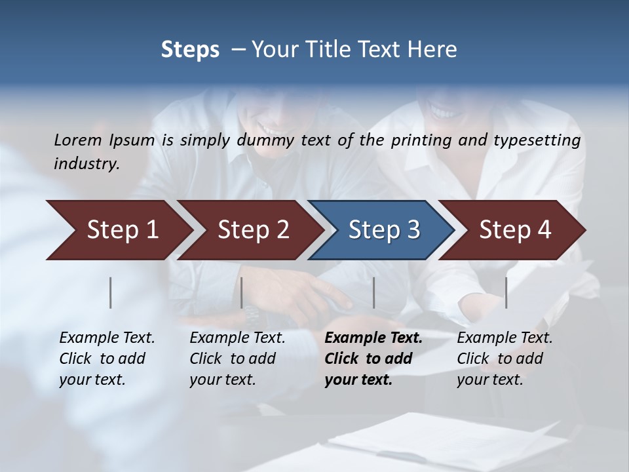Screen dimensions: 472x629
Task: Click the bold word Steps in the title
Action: (x=190, y=50)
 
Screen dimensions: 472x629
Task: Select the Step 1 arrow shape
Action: (x=118, y=229)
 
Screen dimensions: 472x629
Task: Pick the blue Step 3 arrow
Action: (x=380, y=229)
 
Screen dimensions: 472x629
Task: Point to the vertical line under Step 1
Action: (x=111, y=292)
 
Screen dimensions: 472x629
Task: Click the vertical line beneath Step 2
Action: (x=242, y=292)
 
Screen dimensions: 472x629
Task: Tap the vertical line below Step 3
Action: (x=373, y=292)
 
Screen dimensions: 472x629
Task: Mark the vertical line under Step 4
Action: (x=506, y=292)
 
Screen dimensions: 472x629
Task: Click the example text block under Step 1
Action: (x=107, y=359)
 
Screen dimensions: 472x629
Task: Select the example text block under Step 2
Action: (x=237, y=359)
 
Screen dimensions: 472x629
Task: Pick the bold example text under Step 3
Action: (x=373, y=359)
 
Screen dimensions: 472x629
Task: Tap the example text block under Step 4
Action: (x=505, y=359)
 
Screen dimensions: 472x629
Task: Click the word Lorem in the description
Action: (x=77, y=140)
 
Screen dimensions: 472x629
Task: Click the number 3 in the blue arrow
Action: (x=413, y=230)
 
